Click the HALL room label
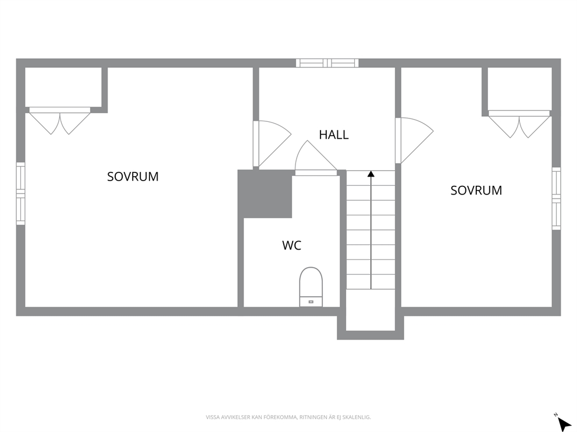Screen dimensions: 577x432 coord(334,135)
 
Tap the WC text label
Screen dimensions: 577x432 coord(292,246)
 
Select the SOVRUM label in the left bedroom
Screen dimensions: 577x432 coord(133,177)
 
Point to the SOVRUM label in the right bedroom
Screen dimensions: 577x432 coord(476,190)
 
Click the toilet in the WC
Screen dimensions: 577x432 coord(311,286)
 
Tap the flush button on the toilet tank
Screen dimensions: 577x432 coord(311,301)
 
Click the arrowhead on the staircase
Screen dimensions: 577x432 coord(371,174)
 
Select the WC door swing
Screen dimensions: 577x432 coord(316,157)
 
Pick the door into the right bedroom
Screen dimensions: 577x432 coord(414,141)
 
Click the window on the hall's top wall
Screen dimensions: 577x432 coord(327,63)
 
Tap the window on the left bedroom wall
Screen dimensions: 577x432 coord(20,193)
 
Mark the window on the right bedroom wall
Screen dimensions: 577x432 coord(557,199)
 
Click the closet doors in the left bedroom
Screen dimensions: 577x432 coord(59,121)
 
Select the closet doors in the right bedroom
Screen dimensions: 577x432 coord(519,124)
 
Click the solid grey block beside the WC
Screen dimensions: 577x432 coord(265,194)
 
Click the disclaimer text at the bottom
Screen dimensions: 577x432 coord(288,417)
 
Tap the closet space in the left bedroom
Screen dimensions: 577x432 coord(63,87)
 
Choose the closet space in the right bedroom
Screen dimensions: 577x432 coord(519,88)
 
